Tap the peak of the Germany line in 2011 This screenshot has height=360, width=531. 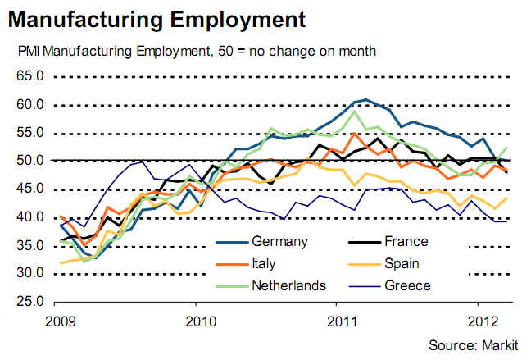point(365,99)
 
